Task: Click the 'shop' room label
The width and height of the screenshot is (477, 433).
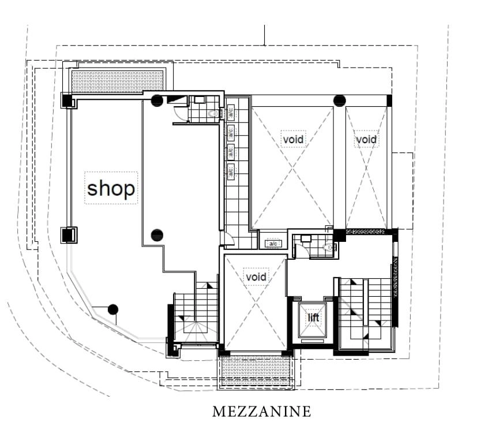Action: pyautogui.click(x=111, y=188)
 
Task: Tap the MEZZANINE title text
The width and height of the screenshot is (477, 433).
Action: pyautogui.click(x=262, y=412)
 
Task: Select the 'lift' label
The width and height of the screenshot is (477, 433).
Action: pyautogui.click(x=313, y=318)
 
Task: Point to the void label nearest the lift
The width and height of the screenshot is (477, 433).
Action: pyautogui.click(x=256, y=277)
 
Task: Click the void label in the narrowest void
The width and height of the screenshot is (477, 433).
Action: pyautogui.click(x=366, y=140)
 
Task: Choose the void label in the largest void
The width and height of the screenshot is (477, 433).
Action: pyautogui.click(x=293, y=139)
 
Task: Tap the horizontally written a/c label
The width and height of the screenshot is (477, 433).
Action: pyautogui.click(x=273, y=244)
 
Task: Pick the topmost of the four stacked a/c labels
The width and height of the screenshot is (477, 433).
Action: pyautogui.click(x=231, y=113)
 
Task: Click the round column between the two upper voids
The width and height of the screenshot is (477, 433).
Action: pyautogui.click(x=340, y=101)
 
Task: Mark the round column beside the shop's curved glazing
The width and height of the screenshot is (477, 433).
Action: pyautogui.click(x=113, y=309)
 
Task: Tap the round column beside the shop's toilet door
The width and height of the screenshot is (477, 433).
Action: pyautogui.click(x=157, y=100)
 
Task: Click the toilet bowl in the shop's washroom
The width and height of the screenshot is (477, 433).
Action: pyautogui.click(x=213, y=114)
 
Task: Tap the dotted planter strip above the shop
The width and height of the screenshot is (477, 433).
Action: pyautogui.click(x=118, y=81)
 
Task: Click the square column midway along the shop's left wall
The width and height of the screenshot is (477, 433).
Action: pyautogui.click(x=69, y=235)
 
